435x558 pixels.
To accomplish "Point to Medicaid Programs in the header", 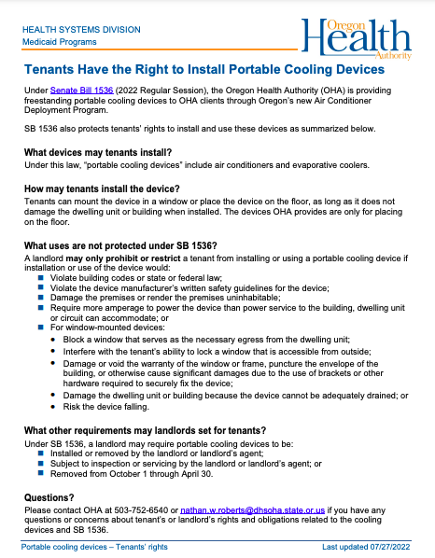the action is point(61,41).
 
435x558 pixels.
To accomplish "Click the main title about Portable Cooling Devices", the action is point(204,70).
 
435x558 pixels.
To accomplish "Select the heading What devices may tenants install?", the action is point(98,152).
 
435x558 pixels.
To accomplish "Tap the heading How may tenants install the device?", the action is point(103,188).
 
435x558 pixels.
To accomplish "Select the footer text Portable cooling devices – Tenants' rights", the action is point(94,547).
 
